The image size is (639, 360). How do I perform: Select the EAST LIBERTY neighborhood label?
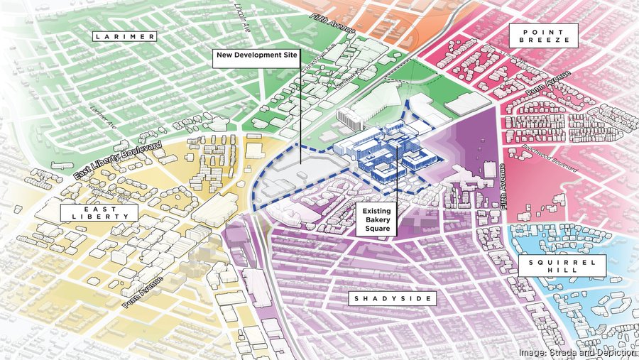click(89, 212)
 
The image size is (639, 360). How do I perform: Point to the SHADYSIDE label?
click(393, 299)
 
